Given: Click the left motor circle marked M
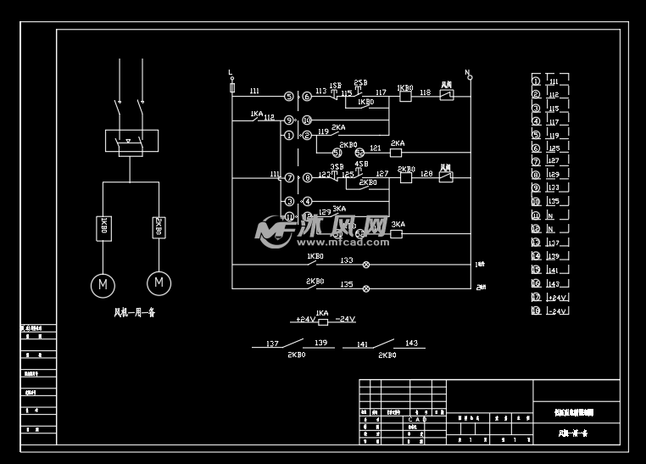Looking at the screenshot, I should tap(103, 283).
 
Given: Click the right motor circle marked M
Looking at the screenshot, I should tap(159, 282).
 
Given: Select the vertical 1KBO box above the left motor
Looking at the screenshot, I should tap(103, 227).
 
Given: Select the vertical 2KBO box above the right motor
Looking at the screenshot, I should tap(159, 227).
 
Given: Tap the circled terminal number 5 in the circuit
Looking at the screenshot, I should tap(289, 97).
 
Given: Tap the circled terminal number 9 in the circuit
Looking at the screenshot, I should tap(289, 120).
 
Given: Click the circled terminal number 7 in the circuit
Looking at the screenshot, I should tap(289, 177).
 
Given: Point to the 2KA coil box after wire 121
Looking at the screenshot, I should tap(395, 154).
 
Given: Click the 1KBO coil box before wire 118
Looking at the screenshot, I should tap(405, 97).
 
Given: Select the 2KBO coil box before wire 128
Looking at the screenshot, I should tap(405, 177).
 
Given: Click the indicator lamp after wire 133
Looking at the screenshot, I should tap(366, 266).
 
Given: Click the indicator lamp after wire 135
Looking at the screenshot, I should tap(366, 289).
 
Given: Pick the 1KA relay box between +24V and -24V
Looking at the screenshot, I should tap(322, 321).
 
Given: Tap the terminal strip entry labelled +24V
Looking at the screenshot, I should tap(558, 298).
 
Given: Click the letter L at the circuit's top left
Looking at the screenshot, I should tap(231, 74).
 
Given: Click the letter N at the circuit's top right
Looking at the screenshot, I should tap(466, 73).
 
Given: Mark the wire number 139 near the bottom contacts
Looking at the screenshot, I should tap(320, 344).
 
